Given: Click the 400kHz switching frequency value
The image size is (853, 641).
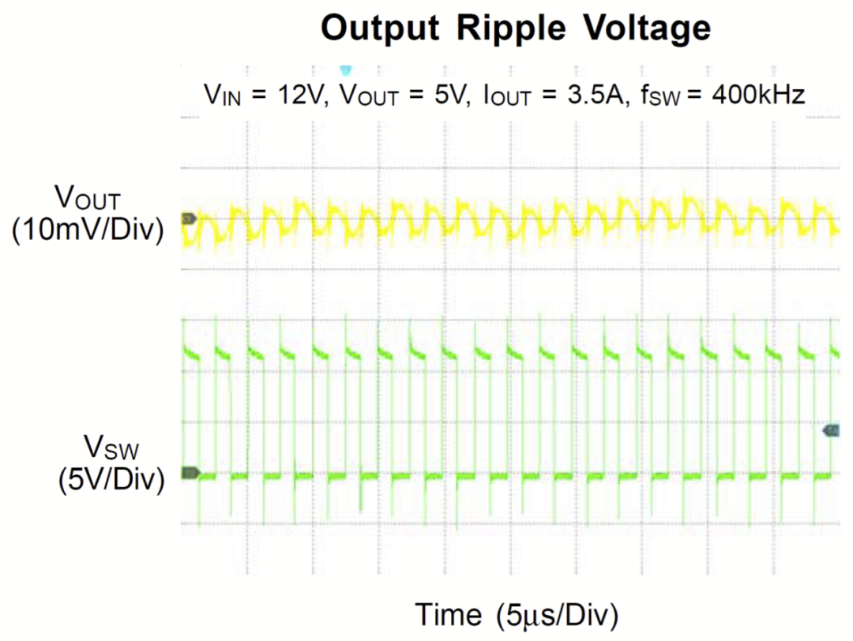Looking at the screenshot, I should [x=757, y=96].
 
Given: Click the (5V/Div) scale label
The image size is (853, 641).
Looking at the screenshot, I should [x=111, y=480].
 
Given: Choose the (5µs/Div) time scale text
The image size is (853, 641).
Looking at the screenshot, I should [x=558, y=614].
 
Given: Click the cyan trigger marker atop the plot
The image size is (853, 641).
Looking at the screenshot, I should [x=345, y=70].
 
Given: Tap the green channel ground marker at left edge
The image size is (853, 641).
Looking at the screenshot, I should [x=190, y=473].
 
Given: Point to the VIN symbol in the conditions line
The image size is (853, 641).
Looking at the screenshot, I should [x=224, y=96].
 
